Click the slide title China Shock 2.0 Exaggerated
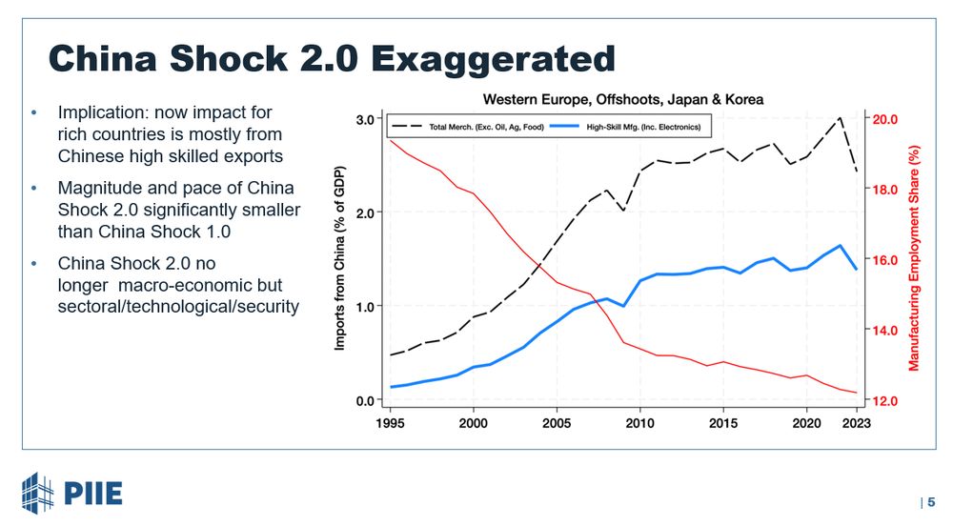[x=332, y=58]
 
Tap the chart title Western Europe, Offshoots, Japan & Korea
[x=623, y=99]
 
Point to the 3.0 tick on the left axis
[x=364, y=119]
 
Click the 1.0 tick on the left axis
[x=364, y=306]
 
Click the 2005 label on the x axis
[x=557, y=421]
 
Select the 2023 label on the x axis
[x=856, y=421]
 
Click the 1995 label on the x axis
[x=391, y=421]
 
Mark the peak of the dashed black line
[x=840, y=118]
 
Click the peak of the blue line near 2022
[x=840, y=246]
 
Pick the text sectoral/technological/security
[x=178, y=307]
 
